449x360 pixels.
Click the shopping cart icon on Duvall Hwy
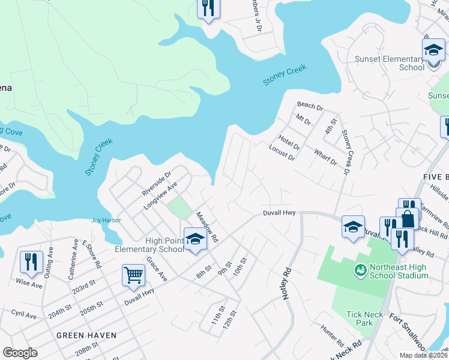(133, 275)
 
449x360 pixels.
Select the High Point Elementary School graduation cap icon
(194, 239)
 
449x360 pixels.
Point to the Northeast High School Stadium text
(399, 271)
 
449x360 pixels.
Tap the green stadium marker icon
(360, 271)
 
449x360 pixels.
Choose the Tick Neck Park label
(360, 319)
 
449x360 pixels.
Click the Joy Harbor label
(106, 220)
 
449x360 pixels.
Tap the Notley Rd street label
(287, 283)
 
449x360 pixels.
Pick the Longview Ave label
(160, 196)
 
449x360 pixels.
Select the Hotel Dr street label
(289, 143)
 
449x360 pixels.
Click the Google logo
(20, 353)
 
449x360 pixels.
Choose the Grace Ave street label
(157, 269)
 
